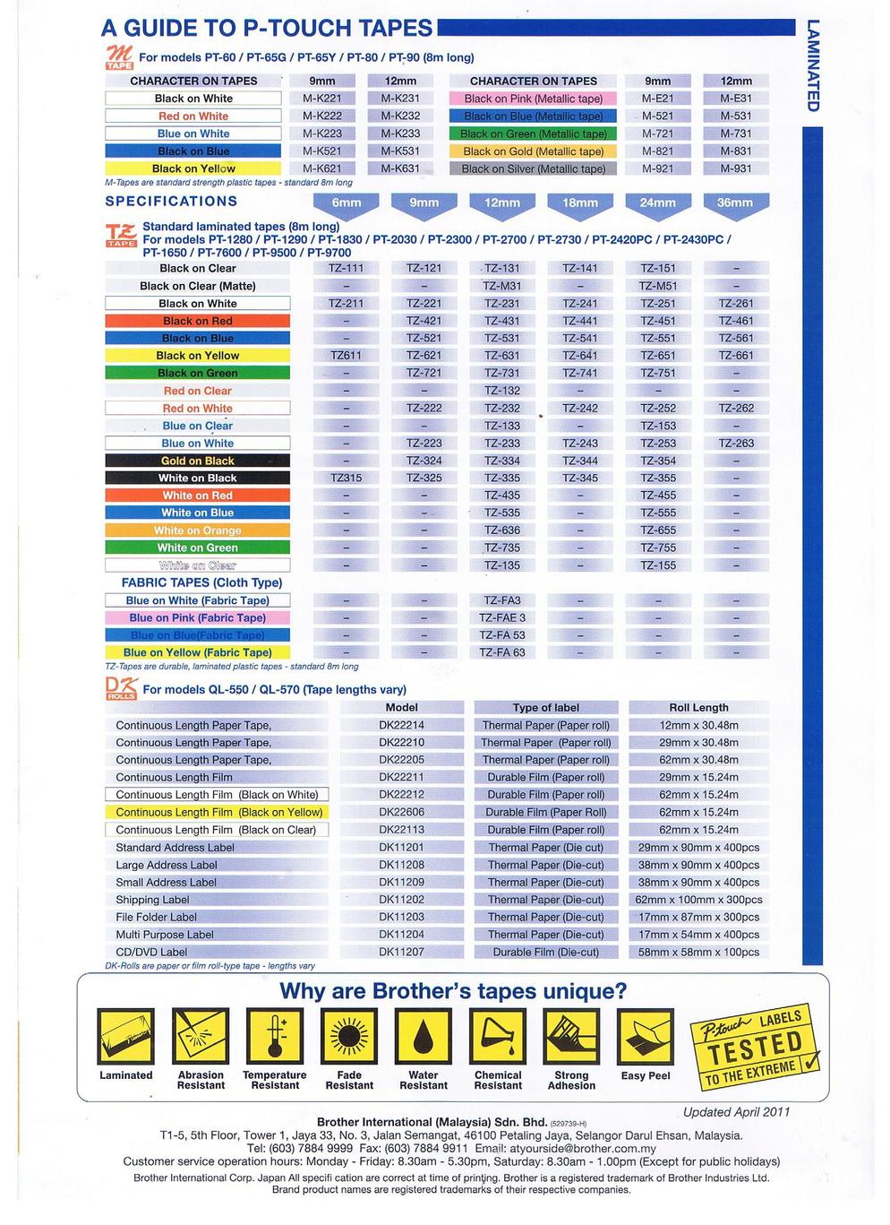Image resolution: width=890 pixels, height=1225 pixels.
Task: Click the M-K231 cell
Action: click(x=399, y=99)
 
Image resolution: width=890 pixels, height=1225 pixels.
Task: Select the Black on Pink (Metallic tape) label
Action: click(x=534, y=99)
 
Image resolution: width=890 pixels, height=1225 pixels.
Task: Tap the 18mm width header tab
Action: click(x=579, y=203)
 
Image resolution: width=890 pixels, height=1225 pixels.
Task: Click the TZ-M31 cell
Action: click(x=501, y=286)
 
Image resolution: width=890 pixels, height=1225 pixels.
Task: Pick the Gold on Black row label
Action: click(x=197, y=461)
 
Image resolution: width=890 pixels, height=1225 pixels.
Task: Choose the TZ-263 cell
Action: click(x=735, y=444)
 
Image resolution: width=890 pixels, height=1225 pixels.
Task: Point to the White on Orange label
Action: click(x=197, y=531)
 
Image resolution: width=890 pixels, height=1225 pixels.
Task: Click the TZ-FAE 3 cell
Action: click(x=502, y=618)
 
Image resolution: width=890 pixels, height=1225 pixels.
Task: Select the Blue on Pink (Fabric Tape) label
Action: click(x=197, y=618)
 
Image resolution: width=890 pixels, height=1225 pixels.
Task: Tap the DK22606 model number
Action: click(x=401, y=813)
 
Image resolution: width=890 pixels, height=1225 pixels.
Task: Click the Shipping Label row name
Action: click(x=152, y=900)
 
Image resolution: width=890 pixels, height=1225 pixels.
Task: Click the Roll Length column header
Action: click(x=698, y=708)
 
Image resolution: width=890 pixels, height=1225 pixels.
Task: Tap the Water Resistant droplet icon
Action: click(x=423, y=1037)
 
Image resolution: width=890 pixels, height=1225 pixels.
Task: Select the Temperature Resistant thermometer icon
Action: click(x=274, y=1037)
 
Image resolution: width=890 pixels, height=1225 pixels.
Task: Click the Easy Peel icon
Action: click(x=645, y=1037)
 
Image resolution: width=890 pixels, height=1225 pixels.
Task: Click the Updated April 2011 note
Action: click(x=736, y=1112)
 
